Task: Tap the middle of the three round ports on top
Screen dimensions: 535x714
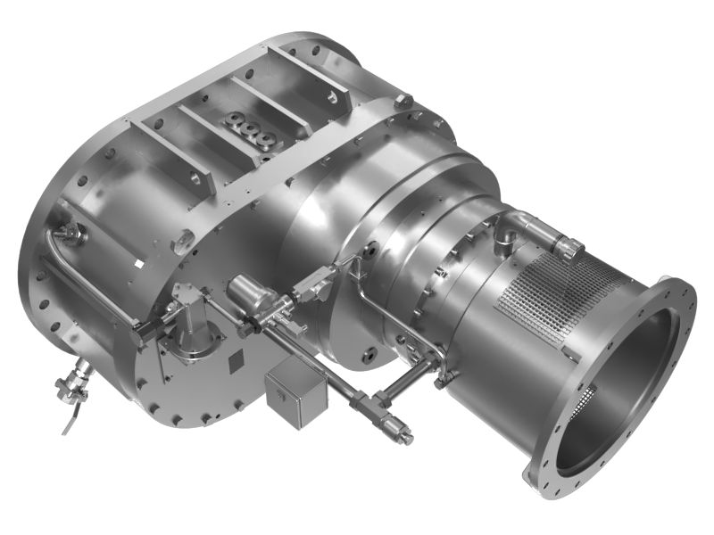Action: coord(253,131)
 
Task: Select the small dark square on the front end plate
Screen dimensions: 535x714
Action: coord(237,359)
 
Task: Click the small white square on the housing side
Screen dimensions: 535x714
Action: coord(138,265)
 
